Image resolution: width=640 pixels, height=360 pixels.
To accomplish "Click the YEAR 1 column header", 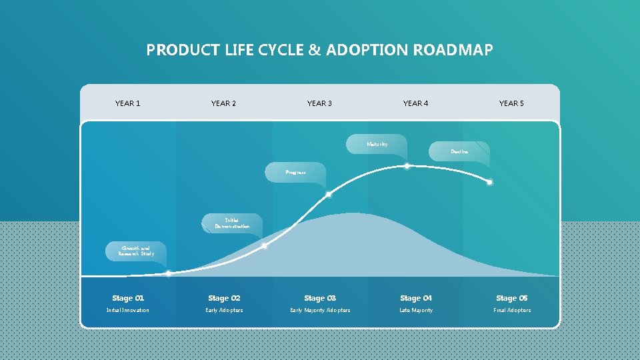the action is (127, 103).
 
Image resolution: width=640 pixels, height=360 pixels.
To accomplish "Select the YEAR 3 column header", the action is (319, 103).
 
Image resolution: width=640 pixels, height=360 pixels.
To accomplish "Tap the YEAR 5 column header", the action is (511, 103).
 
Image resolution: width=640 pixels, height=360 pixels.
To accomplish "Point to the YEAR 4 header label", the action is (415, 103).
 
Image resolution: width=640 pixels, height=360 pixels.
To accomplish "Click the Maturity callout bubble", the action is (377, 144).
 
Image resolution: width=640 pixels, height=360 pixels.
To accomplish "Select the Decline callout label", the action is (459, 152).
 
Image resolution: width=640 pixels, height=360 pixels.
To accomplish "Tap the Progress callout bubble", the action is (295, 172).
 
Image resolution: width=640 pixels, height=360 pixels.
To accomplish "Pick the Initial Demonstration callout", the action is (232, 223).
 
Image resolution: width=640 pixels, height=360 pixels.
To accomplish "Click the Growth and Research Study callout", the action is (136, 251).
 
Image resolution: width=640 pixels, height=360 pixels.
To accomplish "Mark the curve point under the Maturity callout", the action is (407, 166).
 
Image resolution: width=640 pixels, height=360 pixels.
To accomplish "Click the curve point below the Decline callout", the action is (489, 182).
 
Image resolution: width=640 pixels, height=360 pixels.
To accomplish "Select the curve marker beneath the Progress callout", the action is (328, 195).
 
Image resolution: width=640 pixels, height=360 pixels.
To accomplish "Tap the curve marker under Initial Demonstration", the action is (265, 246).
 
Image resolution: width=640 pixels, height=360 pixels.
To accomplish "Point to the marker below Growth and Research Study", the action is (169, 273).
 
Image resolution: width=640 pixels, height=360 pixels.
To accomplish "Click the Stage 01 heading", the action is (127, 298).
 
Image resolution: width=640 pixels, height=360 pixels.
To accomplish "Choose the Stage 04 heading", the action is (415, 298).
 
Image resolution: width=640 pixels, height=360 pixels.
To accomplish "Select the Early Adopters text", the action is (224, 310).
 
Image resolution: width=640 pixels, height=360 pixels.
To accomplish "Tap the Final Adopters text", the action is (511, 310).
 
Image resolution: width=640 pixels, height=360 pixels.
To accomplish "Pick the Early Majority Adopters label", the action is (319, 310).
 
